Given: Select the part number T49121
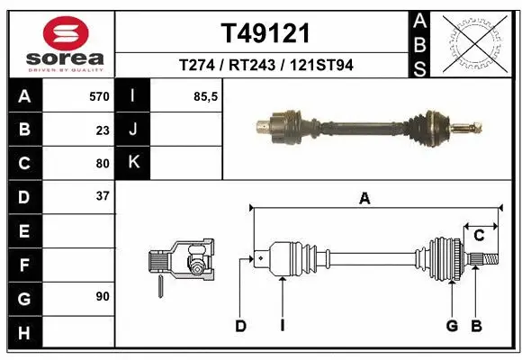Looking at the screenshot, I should pos(265,34).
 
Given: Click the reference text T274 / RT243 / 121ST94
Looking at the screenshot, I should pos(265,66).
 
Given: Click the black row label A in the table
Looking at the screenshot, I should pos(23,96).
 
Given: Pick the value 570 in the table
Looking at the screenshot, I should pos(99,96).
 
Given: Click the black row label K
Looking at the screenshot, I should pos(133,163).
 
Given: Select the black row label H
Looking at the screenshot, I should pos(23,334).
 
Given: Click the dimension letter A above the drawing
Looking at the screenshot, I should pos(364,200).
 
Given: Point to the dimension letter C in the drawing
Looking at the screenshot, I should pos(479,236).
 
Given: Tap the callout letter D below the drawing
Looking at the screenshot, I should pos(241,326).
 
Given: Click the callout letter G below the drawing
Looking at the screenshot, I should pos(452,326).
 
